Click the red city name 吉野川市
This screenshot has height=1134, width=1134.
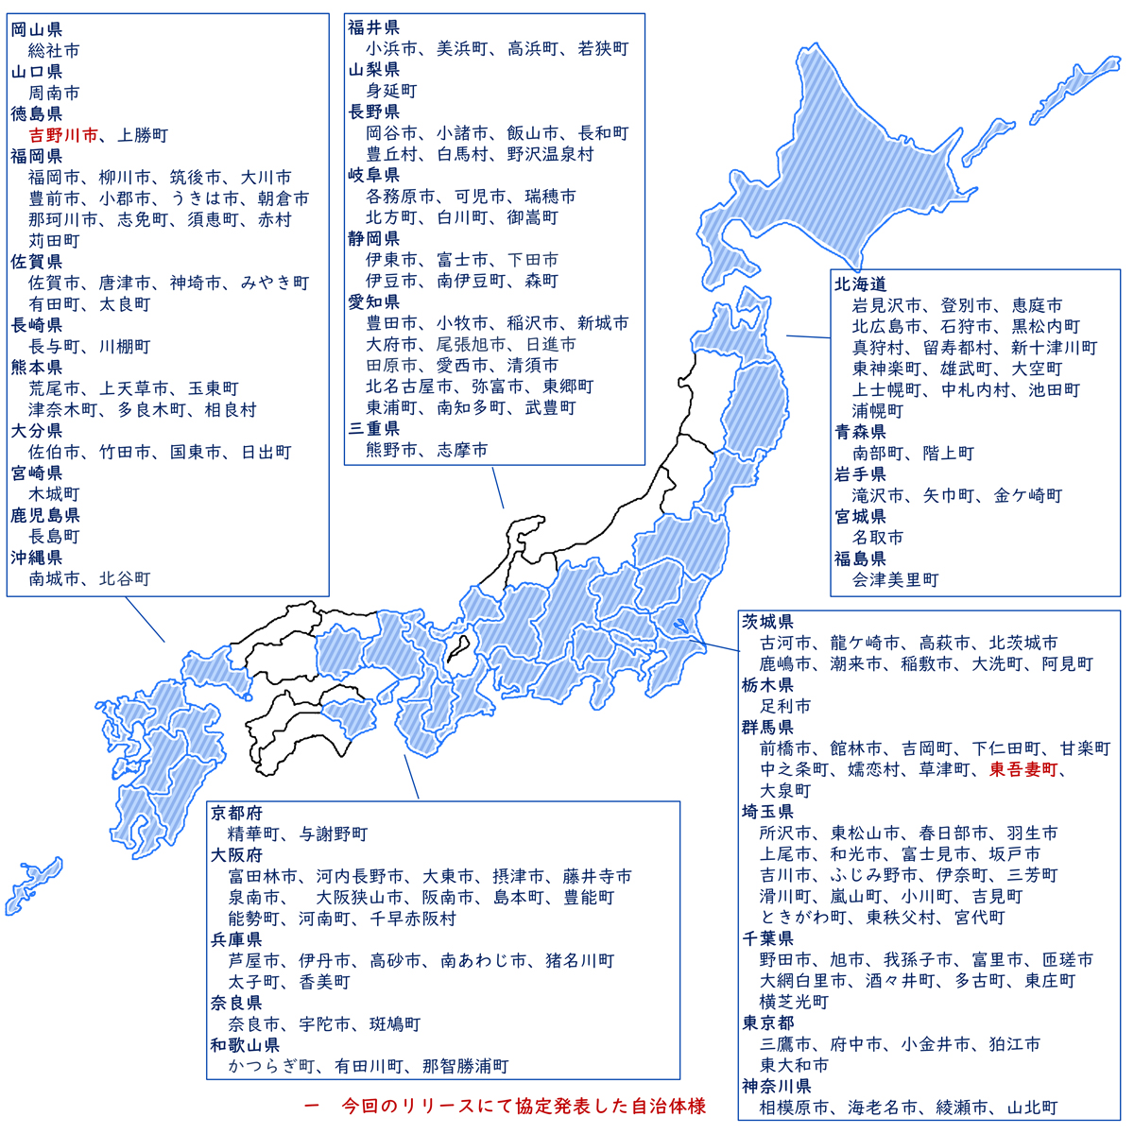pos(63,135)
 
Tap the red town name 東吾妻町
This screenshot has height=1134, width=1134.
pos(1023,770)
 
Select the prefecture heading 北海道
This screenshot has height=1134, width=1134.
pos(860,284)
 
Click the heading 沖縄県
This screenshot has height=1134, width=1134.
pos(37,558)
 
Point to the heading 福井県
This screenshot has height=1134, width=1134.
pos(373,27)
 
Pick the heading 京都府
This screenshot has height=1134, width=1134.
pos(236,813)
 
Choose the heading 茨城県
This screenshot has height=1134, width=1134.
pos(767,622)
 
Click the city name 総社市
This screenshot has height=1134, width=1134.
pos(54,51)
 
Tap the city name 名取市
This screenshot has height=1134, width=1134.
pos(878,538)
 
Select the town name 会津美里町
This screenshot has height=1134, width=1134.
pos(896,579)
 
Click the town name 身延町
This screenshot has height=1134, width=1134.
pos(391,91)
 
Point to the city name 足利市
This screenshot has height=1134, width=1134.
pos(785,706)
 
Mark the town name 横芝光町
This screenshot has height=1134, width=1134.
pos(794,1002)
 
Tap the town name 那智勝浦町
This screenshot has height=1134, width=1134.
pos(465,1066)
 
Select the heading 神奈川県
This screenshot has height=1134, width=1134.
pos(777,1086)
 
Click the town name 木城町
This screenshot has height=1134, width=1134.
pos(54,494)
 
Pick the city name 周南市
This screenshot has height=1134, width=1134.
pos(54,94)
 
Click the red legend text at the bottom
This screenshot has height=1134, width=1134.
pos(506,1106)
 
